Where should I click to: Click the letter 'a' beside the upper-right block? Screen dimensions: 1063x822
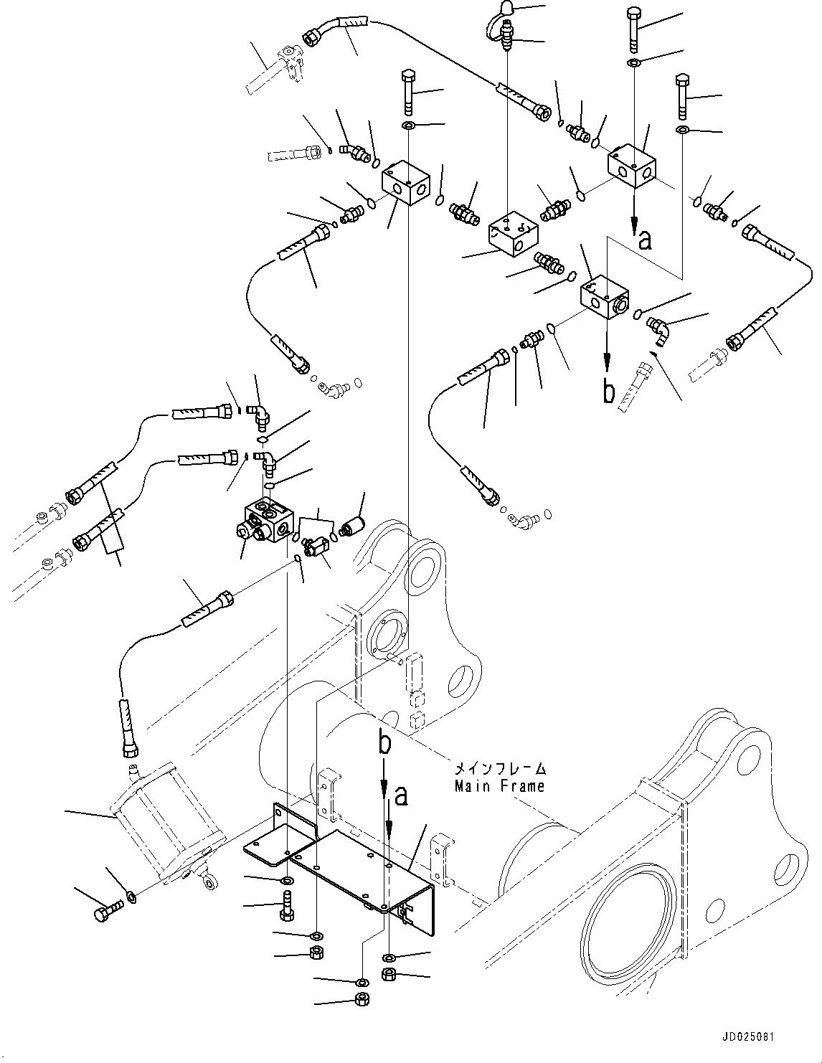click(645, 240)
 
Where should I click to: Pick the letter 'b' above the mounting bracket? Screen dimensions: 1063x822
click(385, 745)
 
